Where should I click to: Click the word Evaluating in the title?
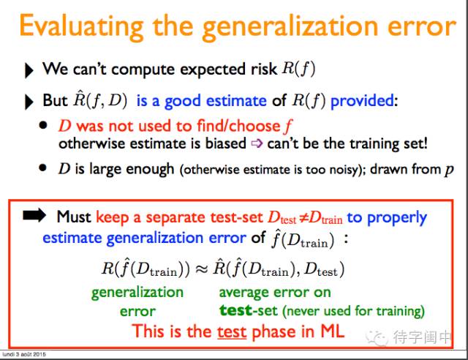(81, 27)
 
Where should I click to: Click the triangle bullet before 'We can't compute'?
(29, 70)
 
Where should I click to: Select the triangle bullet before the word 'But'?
(29, 102)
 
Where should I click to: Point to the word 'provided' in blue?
(363, 101)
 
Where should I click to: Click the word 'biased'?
(226, 143)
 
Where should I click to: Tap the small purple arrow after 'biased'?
(257, 143)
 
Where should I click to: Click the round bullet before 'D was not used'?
(43, 125)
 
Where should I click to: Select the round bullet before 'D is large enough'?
(43, 168)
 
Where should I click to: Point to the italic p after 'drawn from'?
(449, 170)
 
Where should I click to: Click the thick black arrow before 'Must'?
(34, 215)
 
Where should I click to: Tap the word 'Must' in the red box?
(74, 217)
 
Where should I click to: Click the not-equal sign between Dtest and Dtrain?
(303, 218)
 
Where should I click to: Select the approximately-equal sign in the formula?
(201, 269)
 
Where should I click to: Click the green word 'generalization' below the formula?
(137, 293)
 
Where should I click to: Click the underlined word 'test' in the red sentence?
(232, 332)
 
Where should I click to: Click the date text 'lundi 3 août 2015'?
(24, 354)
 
